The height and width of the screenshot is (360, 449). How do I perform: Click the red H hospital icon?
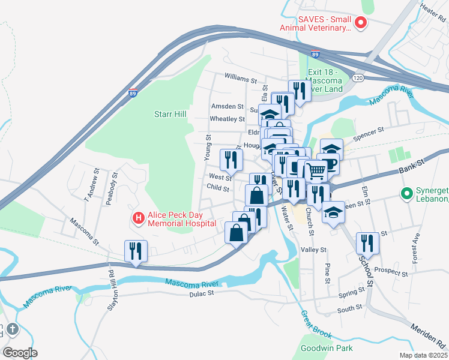pyautogui.click(x=138, y=217)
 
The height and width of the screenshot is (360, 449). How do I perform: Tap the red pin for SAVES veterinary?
pyautogui.click(x=361, y=23)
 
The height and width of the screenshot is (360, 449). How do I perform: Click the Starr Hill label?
pyautogui.click(x=170, y=114)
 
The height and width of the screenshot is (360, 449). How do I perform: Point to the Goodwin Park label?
pyautogui.click(x=327, y=347)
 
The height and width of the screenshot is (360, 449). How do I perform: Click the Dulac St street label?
pyautogui.click(x=202, y=293)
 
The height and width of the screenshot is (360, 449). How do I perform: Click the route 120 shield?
pyautogui.click(x=358, y=78)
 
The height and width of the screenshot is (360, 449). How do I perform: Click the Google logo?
pyautogui.click(x=20, y=352)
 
